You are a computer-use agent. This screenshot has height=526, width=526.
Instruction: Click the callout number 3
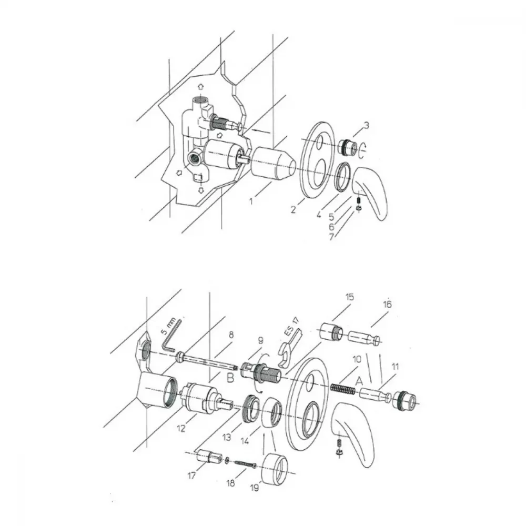[366, 125]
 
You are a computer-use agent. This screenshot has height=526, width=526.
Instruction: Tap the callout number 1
[250, 201]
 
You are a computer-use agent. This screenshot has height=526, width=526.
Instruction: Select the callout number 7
[331, 237]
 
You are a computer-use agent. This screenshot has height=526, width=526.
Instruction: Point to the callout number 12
[181, 428]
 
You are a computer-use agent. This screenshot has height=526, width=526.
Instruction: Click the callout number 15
[349, 297]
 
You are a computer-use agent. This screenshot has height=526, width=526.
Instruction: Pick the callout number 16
[387, 304]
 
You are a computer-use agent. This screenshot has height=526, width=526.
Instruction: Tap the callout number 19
[255, 488]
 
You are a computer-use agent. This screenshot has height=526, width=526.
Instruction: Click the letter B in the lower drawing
[230, 378]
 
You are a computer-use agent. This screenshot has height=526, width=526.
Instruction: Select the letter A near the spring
[359, 381]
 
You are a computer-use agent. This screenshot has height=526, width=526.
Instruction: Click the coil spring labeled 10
[343, 389]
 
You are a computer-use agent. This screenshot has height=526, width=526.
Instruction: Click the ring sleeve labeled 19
[275, 469]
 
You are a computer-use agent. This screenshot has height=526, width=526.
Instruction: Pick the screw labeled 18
[246, 463]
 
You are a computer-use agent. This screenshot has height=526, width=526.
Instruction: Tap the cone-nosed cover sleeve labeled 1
[272, 163]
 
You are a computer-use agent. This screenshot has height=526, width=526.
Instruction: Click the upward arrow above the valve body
[200, 87]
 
